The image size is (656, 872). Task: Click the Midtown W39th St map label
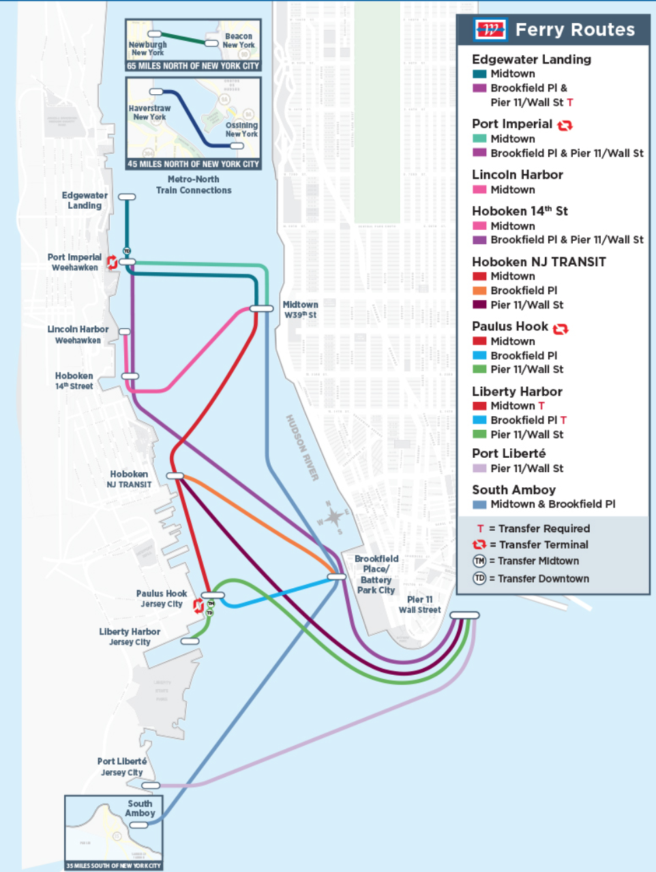pos(301,310)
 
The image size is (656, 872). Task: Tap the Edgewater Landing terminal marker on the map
pos(127,197)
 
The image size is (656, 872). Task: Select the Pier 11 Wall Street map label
pos(419,605)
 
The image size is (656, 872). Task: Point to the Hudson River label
pos(302,448)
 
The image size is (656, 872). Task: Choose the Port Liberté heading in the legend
pos(509,453)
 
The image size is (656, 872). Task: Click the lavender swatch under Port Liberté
pos(479,469)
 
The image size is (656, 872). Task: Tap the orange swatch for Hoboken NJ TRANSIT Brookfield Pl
pos(479,291)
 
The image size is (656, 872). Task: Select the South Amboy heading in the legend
pos(513,489)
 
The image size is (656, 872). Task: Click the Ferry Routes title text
pos(575,30)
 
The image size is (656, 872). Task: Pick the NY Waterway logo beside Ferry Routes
pos(490,30)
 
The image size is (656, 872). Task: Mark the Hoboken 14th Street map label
pos(74,381)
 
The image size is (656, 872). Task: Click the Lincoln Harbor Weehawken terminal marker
pos(125,332)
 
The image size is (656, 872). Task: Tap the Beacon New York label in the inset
pos(239,40)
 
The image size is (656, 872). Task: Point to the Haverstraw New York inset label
pos(149,113)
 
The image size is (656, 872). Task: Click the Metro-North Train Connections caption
pos(194,185)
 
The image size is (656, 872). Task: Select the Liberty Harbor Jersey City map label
pos(130,637)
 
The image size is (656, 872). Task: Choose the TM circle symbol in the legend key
pos(479,561)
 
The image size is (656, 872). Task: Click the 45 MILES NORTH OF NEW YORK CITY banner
pos(193,164)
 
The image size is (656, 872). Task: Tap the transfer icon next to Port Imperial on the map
pos(112,262)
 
